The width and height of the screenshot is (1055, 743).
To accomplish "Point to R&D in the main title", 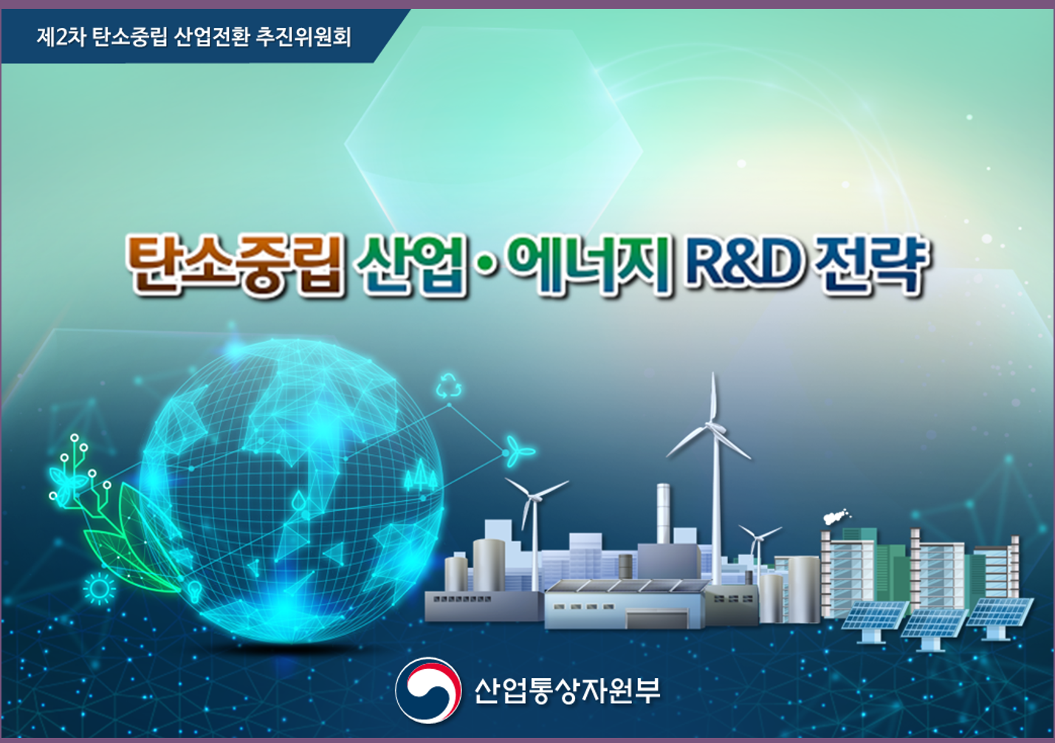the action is click(x=743, y=264).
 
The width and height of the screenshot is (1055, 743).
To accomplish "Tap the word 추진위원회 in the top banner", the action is click(x=303, y=38).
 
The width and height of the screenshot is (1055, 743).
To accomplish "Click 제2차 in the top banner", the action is click(x=61, y=38).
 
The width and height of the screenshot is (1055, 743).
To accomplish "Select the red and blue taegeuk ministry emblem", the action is click(x=427, y=691).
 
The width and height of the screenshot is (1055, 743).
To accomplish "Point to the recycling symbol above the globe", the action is click(x=448, y=386).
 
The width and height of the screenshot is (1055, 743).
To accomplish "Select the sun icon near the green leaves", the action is click(x=99, y=589).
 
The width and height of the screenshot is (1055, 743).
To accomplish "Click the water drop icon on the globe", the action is click(x=298, y=501).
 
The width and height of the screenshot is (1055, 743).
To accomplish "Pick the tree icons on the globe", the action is click(x=421, y=474).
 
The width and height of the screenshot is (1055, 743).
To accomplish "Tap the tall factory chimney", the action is click(x=664, y=513).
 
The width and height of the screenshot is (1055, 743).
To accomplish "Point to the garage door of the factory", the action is click(x=656, y=618).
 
